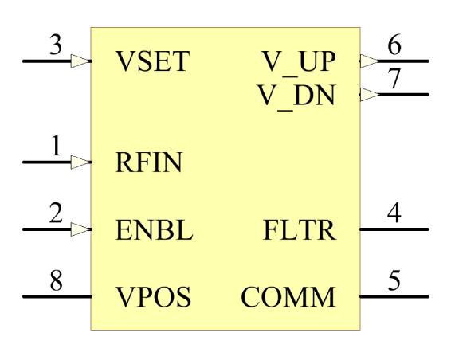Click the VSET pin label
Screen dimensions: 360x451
point(154,62)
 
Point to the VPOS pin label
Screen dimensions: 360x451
point(153,298)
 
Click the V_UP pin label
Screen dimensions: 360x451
point(299,62)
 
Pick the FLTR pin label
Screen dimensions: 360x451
point(300,231)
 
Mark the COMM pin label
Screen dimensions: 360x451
point(288,298)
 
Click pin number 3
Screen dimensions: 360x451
point(55,46)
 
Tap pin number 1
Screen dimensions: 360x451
point(56,147)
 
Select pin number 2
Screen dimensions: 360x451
point(55,215)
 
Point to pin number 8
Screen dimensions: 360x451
point(55,282)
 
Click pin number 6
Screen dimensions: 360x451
point(394,46)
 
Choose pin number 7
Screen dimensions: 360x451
point(394,80)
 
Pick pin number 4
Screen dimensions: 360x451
point(394,215)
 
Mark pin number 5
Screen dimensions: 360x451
point(394,282)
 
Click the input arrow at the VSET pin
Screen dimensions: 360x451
point(81,61)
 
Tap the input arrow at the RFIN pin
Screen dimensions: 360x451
point(81,162)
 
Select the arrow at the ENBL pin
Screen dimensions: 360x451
point(81,229)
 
